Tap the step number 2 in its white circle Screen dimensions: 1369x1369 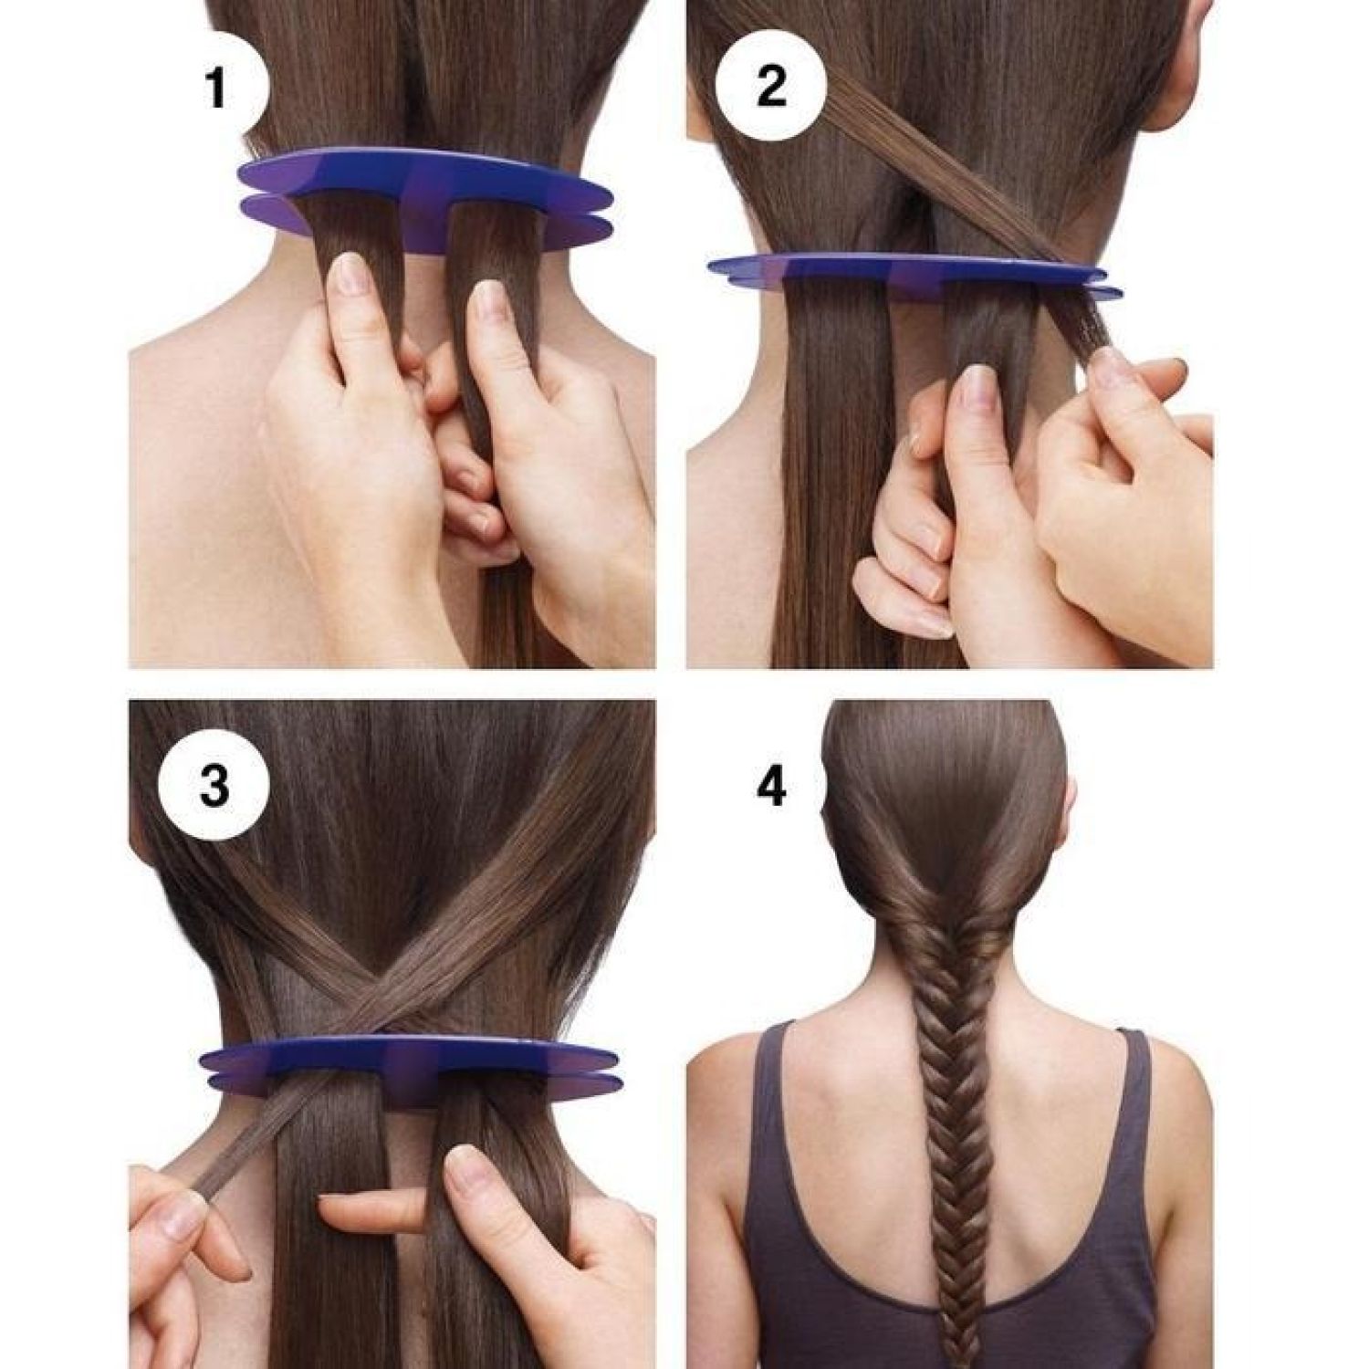coord(771,87)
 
